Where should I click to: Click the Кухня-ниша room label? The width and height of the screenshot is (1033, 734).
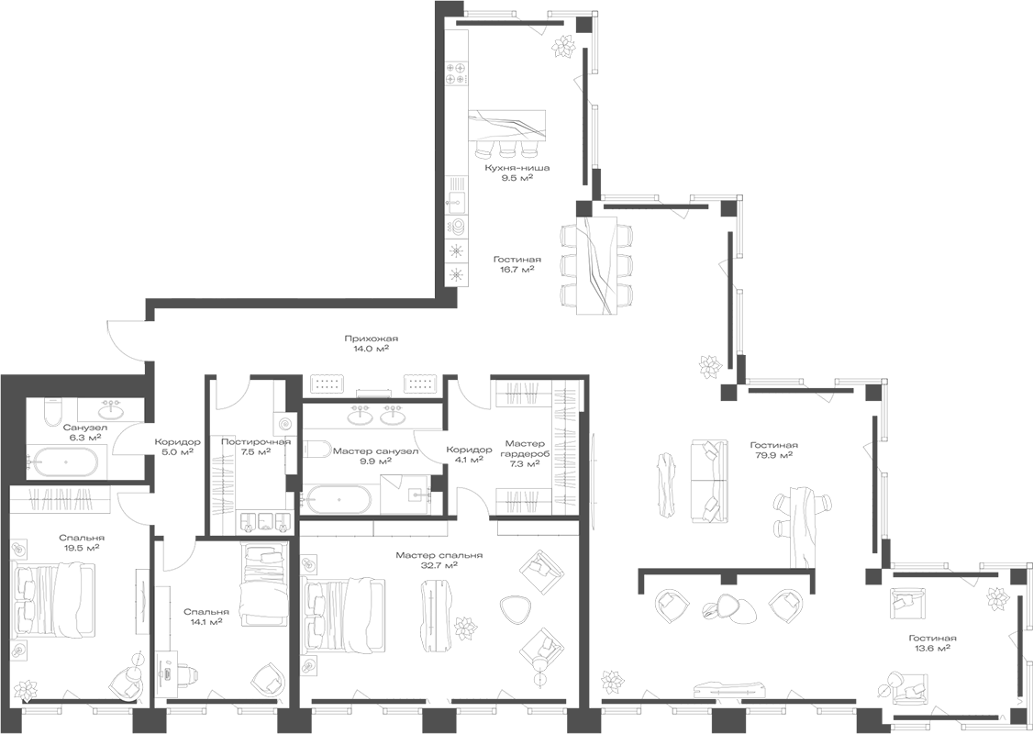coord(517,168)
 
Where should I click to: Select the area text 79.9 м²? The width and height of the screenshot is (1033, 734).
coord(772,454)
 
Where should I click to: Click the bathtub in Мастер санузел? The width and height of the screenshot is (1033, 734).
coord(339,501)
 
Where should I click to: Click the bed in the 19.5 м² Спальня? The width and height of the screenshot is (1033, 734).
coord(53,600)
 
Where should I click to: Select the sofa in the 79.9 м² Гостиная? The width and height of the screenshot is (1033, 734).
coord(707,472)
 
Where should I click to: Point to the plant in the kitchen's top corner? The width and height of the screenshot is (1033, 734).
coord(562,44)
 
